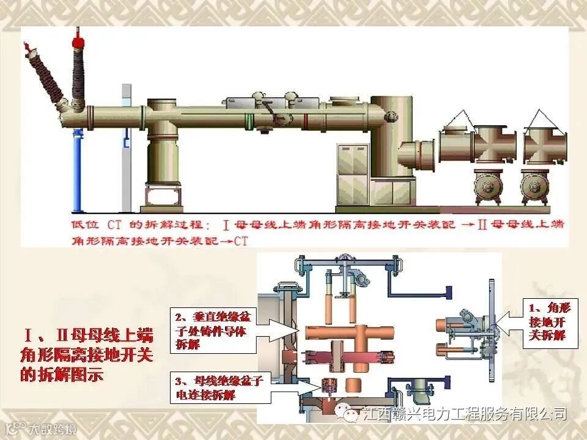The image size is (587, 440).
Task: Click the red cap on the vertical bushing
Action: pos(77,42)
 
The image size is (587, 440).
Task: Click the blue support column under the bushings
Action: pos(76,171)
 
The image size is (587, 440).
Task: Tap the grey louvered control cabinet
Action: pos(353,174)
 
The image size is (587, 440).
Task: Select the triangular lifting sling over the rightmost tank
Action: pos(540,119)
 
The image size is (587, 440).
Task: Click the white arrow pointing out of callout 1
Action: pos(504,322)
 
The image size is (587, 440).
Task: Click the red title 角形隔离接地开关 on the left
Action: pos(87,355)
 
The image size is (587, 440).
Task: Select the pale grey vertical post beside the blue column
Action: pos(126,153)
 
